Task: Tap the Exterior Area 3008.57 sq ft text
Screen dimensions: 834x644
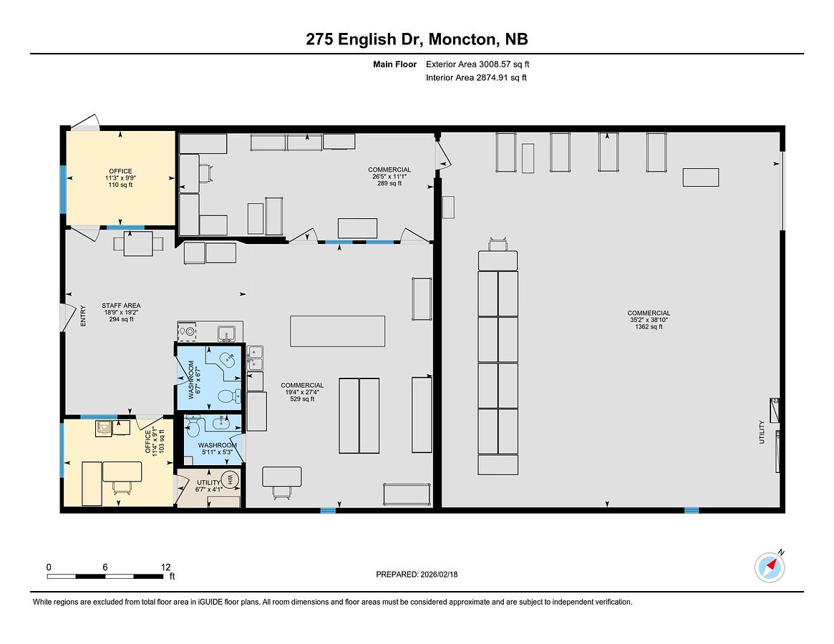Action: pos(477,64)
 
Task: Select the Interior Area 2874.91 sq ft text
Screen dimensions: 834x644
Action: pos(476,78)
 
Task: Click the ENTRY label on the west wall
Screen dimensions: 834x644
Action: pos(82,316)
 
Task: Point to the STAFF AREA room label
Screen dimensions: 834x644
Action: pos(121,312)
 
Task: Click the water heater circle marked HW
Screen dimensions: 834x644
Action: pos(231,480)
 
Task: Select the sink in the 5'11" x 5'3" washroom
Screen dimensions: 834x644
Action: pos(220,423)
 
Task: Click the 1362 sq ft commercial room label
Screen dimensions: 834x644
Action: pos(649,320)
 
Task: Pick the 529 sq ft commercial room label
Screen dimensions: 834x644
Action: pos(302,392)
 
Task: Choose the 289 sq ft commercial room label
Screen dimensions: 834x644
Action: pos(389,177)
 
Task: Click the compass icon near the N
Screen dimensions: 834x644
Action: pos(769,567)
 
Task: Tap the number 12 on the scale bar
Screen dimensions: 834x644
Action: pos(165,567)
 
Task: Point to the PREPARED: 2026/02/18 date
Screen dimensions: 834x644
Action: pos(417,575)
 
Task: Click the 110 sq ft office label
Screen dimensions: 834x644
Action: pos(121,178)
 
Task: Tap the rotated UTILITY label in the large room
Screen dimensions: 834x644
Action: pos(761,431)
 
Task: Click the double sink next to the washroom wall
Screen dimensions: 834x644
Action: pos(256,357)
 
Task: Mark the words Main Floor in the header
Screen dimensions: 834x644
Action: pos(394,64)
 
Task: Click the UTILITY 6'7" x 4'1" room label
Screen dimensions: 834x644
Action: pos(208,486)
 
